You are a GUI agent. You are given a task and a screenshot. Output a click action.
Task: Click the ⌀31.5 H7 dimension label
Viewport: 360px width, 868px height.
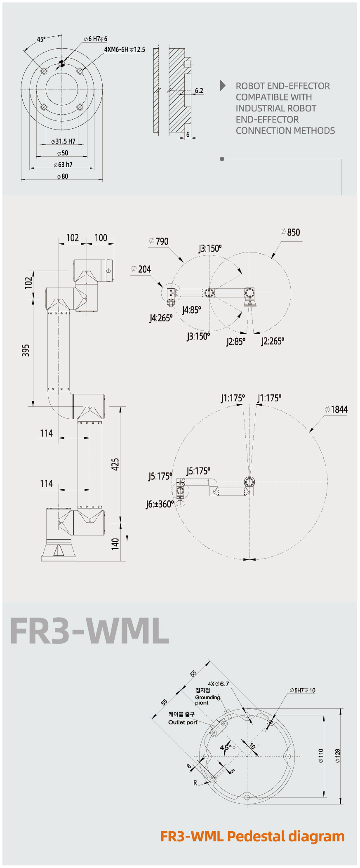coord(63,141)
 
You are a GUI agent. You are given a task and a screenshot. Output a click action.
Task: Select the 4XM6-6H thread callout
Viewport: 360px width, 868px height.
coord(125,50)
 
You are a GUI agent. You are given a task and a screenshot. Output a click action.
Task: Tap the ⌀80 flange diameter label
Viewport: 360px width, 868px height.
coord(63,176)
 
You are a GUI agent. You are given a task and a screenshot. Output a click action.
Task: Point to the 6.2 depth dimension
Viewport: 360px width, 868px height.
coord(199,90)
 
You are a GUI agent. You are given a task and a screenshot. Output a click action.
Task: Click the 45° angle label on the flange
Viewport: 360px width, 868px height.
coord(41,39)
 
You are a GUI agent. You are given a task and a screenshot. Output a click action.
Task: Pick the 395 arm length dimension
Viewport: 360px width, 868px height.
coord(26,350)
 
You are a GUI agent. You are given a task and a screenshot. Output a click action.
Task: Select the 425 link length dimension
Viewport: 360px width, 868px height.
coord(115,464)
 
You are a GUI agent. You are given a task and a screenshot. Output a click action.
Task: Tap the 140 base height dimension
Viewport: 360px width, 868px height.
coord(115,543)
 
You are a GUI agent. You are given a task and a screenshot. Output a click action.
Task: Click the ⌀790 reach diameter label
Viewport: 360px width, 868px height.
coord(159,241)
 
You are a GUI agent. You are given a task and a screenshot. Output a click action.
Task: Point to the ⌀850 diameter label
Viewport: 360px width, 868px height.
coord(290,232)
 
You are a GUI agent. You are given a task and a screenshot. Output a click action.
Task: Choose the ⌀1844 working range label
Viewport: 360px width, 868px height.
coord(336,409)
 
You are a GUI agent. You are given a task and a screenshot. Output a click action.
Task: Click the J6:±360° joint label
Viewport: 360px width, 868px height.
coord(160,504)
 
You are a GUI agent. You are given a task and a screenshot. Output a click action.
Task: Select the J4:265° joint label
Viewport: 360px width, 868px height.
coord(161,318)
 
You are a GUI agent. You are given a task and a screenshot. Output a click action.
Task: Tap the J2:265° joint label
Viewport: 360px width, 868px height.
coord(273,341)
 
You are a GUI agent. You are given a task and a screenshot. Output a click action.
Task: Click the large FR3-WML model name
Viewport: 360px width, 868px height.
coord(89,631)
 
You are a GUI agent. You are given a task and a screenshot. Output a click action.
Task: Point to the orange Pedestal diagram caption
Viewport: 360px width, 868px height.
coord(252,836)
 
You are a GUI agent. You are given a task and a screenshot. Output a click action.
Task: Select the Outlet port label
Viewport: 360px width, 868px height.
coord(183,722)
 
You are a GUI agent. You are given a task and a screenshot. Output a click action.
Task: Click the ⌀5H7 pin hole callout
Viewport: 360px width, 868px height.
coord(302,690)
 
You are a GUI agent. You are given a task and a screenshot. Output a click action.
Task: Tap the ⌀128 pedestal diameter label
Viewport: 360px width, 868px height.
coord(337,756)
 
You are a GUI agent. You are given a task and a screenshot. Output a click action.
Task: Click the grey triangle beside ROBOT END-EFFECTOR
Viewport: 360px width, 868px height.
coord(223,85)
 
